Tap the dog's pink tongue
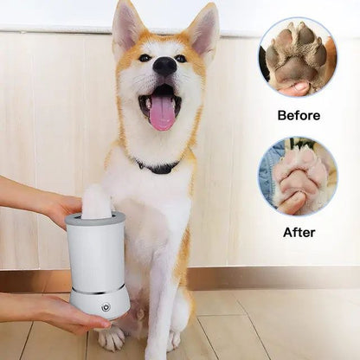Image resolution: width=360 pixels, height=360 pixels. (162, 113)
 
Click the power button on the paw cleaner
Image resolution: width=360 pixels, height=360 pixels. (106, 306)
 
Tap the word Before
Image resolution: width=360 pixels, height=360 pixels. (298, 115)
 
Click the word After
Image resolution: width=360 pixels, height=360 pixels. (298, 232)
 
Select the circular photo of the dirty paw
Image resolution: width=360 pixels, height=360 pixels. (298, 57)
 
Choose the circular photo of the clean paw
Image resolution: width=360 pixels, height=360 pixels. (298, 177)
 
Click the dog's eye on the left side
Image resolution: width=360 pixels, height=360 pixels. (144, 59)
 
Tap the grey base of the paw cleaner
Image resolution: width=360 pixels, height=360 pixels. (100, 303)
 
